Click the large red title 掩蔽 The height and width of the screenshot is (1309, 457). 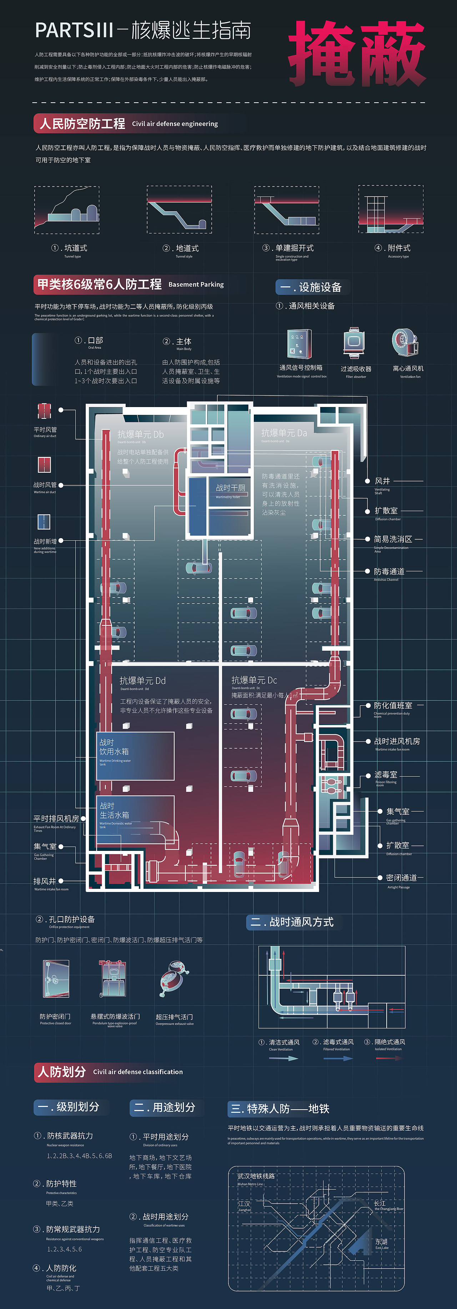pyautogui.click(x=357, y=54)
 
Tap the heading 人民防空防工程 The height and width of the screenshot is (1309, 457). pyautogui.click(x=82, y=124)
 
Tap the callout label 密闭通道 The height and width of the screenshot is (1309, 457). pyautogui.click(x=401, y=878)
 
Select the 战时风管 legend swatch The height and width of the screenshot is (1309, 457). pyautogui.click(x=44, y=465)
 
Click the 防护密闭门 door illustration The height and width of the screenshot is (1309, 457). pyautogui.click(x=56, y=979)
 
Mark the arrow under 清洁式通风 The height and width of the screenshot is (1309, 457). pyautogui.click(x=283, y=1058)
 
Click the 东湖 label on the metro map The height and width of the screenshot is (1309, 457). pyautogui.click(x=381, y=1241)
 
